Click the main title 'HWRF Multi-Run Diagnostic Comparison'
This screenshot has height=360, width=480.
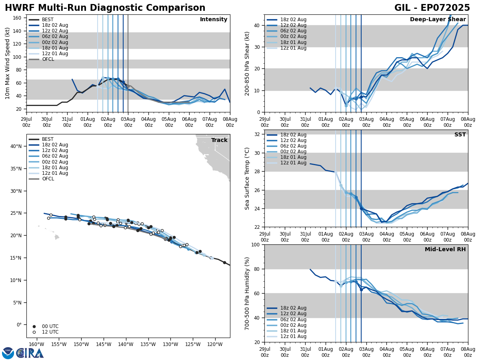click(105, 8)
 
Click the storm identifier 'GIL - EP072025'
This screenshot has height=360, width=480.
click(432, 8)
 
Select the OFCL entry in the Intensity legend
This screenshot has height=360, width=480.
click(48, 59)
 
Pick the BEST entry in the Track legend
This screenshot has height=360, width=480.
click(48, 139)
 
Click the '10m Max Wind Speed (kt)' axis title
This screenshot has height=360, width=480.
click(8, 63)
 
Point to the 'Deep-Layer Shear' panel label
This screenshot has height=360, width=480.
click(438, 20)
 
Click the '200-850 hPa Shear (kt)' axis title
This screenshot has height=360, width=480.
click(247, 63)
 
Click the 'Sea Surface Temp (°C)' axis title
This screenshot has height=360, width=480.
click(247, 178)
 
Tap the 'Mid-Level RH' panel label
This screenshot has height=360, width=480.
click(445, 250)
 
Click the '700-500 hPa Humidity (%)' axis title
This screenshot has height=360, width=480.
click(247, 293)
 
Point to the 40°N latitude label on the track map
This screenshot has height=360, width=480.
click(16, 146)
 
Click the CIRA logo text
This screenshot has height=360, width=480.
click(30, 353)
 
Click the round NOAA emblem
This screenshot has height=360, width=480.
click(8, 353)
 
